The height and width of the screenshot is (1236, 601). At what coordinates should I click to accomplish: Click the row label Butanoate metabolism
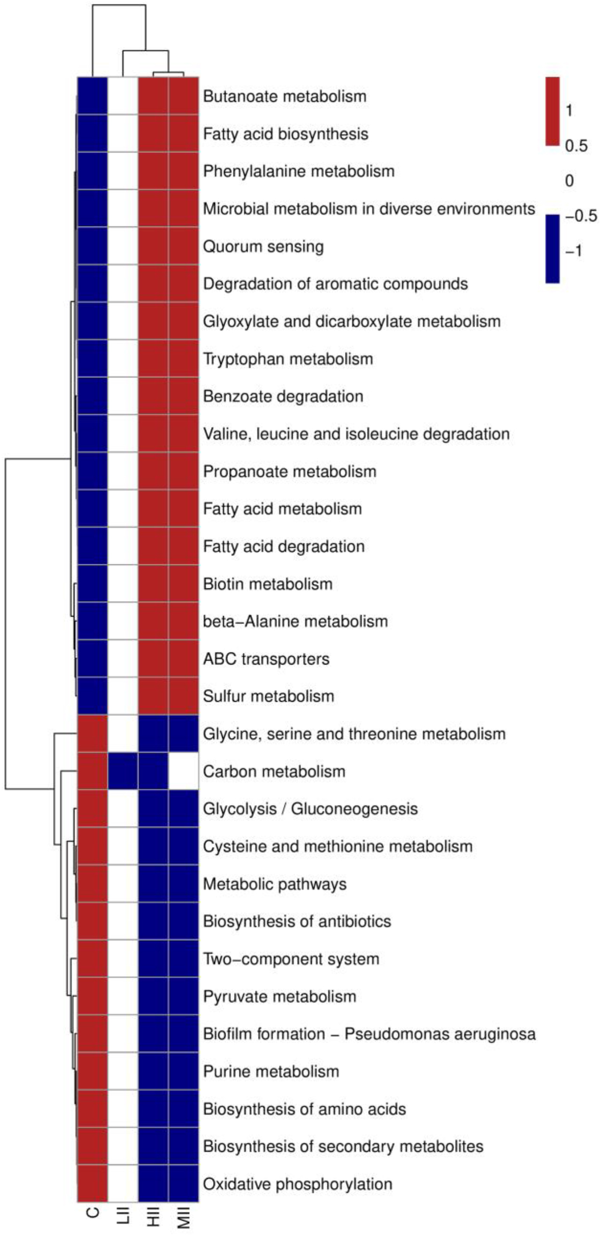pos(284,96)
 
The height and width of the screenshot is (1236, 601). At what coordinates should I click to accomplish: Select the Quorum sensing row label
pos(263,247)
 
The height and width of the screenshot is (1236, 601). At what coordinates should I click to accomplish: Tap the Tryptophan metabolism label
pos(288,359)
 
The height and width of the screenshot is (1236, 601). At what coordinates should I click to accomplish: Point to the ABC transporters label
pos(266,659)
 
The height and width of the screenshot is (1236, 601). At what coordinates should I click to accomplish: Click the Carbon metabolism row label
pos(274,771)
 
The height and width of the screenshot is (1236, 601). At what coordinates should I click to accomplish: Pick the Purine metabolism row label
pos(271,1072)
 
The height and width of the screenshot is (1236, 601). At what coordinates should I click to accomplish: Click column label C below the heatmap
pos(93,1213)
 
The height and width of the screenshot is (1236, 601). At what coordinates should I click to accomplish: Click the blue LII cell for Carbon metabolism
pos(123,771)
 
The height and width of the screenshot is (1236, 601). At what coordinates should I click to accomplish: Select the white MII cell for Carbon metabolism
pos(184,771)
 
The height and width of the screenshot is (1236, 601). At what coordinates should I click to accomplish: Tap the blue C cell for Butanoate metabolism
pos(93,96)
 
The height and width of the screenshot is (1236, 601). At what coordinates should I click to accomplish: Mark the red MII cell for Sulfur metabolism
pos(184,696)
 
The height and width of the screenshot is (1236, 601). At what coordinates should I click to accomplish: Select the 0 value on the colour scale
pos(569,181)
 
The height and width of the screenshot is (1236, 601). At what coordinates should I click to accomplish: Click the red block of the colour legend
pos(552,111)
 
